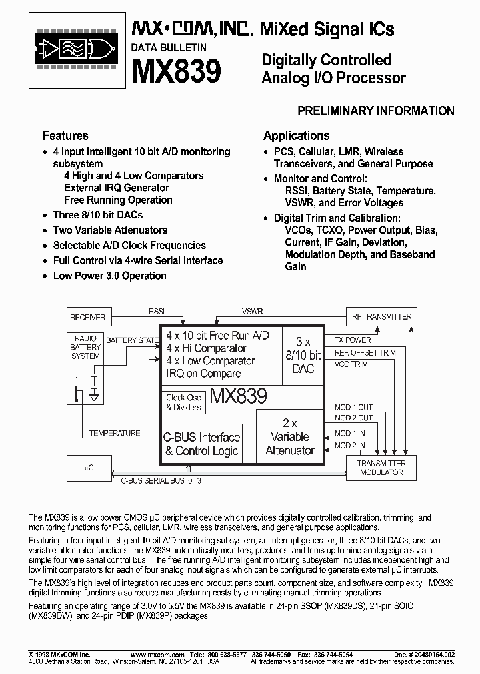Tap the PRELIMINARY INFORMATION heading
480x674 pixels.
pos(375,111)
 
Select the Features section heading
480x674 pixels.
pos(65,135)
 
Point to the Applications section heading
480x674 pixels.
pos(296,135)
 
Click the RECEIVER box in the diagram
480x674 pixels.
pos(88,317)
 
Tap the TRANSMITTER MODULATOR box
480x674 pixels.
pos(381,468)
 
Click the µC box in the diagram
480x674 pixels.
pos(89,468)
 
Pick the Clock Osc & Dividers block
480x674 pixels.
pos(183,402)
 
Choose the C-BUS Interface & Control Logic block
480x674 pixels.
pos(202,444)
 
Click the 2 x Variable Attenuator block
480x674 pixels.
pos(289,437)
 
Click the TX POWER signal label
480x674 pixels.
pos(353,340)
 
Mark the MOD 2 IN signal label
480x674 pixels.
pos(349,446)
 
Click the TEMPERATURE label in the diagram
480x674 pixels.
pos(115,433)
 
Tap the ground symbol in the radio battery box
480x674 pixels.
pos(95,396)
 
